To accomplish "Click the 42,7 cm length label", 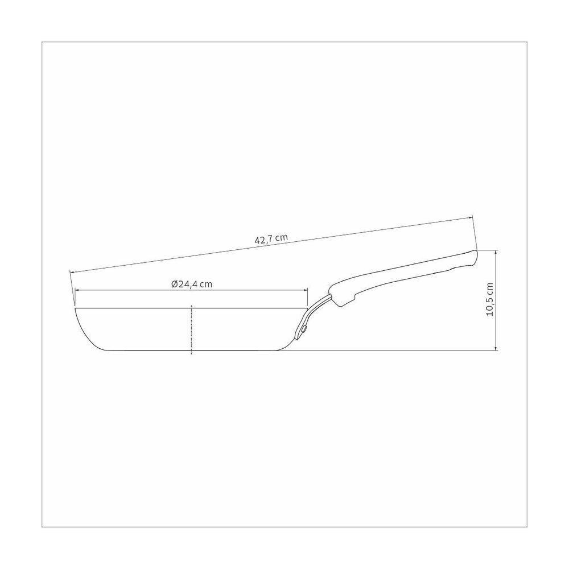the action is pos(271,239).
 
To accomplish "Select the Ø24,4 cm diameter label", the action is pos(192,284).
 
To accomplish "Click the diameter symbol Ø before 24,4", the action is pos(175,284).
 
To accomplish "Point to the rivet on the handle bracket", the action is pos(304,329).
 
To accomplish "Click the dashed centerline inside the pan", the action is pos(192,329).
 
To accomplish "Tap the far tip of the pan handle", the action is pos(476,253).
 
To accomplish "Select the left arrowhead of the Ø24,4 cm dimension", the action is pos(77,290).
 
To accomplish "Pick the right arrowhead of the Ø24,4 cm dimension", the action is pos(305,290).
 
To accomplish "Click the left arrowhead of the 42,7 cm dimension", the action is pos(72,272).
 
